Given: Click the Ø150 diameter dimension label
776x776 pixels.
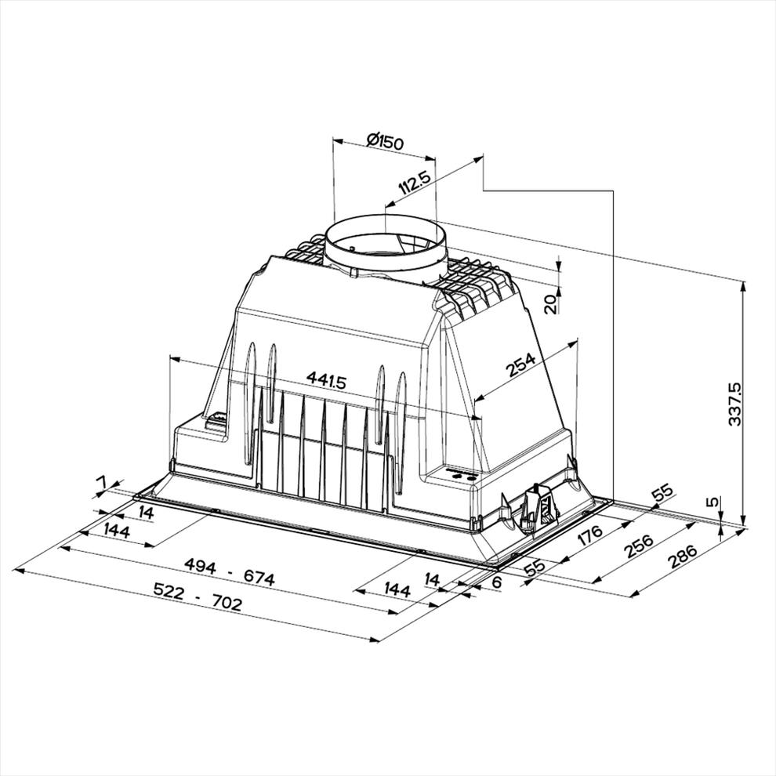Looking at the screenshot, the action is (386, 142).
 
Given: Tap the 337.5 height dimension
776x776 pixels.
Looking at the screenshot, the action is (735, 404).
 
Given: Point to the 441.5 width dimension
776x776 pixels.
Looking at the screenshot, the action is (327, 380).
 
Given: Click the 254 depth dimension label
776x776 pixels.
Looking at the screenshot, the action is (520, 364).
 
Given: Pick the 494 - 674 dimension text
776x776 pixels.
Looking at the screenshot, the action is (229, 572).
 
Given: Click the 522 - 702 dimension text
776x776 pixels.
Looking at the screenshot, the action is (198, 597).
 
